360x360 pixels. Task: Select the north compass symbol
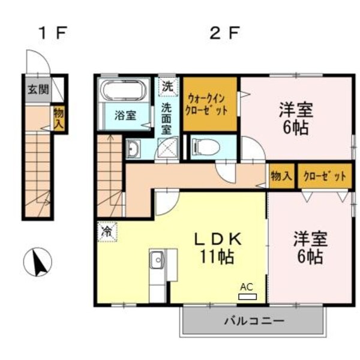37,262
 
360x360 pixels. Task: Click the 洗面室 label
167,118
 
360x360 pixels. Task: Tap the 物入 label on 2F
281,176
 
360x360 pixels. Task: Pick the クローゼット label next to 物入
325,176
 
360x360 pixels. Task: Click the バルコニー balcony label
254,320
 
